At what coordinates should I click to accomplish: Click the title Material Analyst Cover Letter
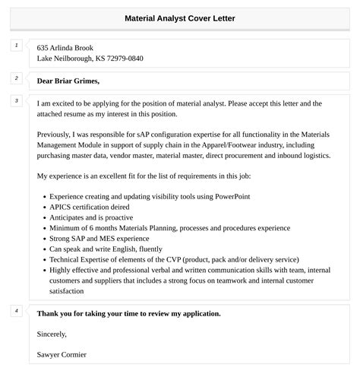[x=180, y=17]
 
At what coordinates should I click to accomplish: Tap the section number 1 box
[x=16, y=46]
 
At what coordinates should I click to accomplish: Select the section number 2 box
[x=16, y=78]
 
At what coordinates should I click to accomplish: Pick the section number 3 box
[x=16, y=101]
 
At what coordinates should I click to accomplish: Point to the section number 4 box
[x=16, y=311]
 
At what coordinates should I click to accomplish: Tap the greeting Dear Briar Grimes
[x=68, y=81]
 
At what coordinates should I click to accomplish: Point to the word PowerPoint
[x=229, y=196]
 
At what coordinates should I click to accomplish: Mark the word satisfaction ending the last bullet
[x=65, y=291]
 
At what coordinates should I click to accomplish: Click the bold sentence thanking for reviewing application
[x=129, y=313]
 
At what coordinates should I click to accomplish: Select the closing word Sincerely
[x=52, y=334]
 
